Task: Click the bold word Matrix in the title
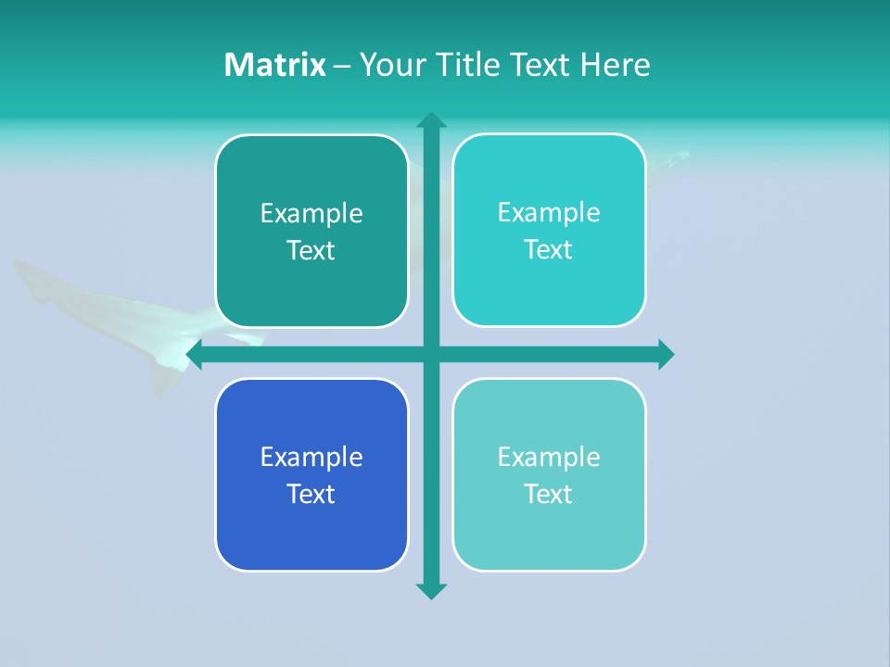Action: coord(275,65)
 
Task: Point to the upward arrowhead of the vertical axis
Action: coord(431,120)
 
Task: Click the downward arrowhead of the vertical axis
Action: coord(431,591)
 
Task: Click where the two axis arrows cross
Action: coord(431,355)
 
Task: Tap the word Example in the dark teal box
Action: coord(311,214)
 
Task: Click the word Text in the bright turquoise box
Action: coord(549,250)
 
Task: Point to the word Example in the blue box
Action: coord(311,458)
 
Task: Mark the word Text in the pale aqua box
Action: coord(549,495)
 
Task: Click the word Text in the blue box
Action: coord(311,495)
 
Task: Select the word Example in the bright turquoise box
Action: coord(549,213)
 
